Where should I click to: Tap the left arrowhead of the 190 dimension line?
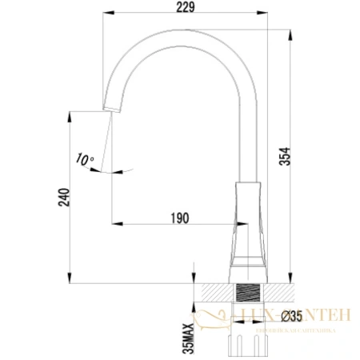(x=113, y=221)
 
